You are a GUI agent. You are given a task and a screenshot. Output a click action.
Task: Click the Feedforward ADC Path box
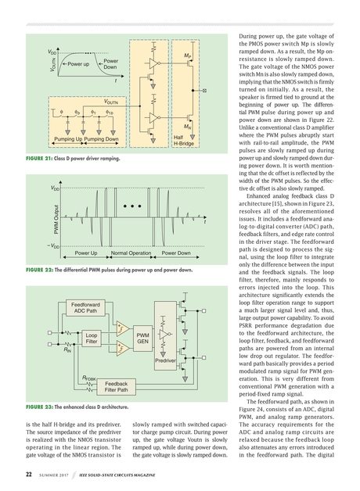[85, 307]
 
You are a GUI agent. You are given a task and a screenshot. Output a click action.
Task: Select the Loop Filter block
[91, 338]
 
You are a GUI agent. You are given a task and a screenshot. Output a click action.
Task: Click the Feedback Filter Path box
[116, 386]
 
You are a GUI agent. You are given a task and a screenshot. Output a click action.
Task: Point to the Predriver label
[165, 361]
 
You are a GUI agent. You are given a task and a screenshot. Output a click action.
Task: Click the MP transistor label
[188, 56]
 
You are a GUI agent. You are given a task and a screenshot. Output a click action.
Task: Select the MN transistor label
[188, 125]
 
